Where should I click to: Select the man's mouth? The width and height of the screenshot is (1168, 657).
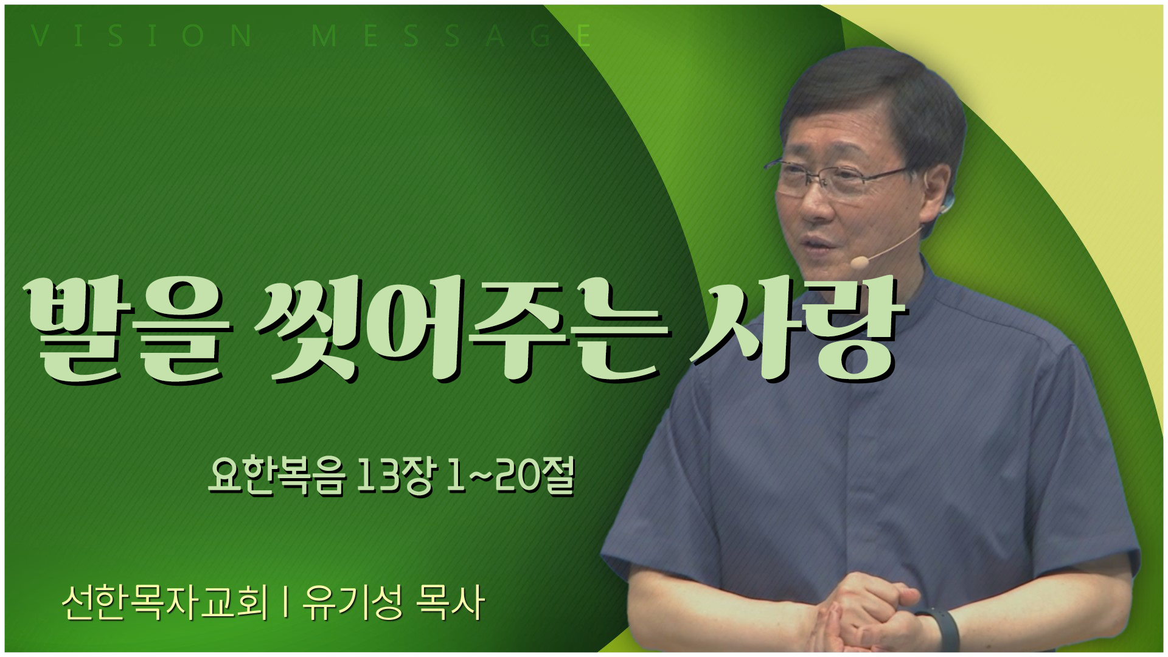click(x=818, y=243)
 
